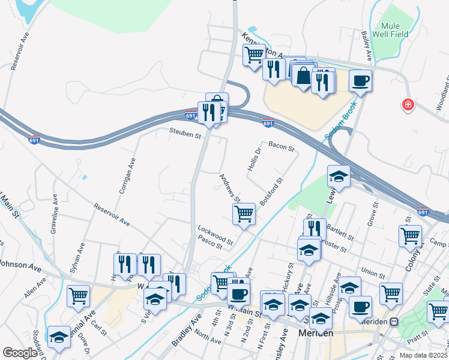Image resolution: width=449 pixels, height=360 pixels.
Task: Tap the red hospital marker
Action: point(408,104)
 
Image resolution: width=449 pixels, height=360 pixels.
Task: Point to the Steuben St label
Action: point(185,134)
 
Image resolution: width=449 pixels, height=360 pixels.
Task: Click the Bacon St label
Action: point(282,145)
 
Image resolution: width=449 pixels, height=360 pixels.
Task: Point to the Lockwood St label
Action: point(215,232)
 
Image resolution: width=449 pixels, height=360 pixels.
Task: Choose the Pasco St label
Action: point(210,242)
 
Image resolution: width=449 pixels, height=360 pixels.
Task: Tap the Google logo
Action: point(20,353)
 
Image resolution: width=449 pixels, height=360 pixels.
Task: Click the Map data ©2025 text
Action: point(421,355)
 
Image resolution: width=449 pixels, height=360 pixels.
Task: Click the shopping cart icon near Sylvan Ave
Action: point(79,296)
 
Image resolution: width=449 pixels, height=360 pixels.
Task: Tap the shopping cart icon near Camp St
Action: point(410,236)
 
